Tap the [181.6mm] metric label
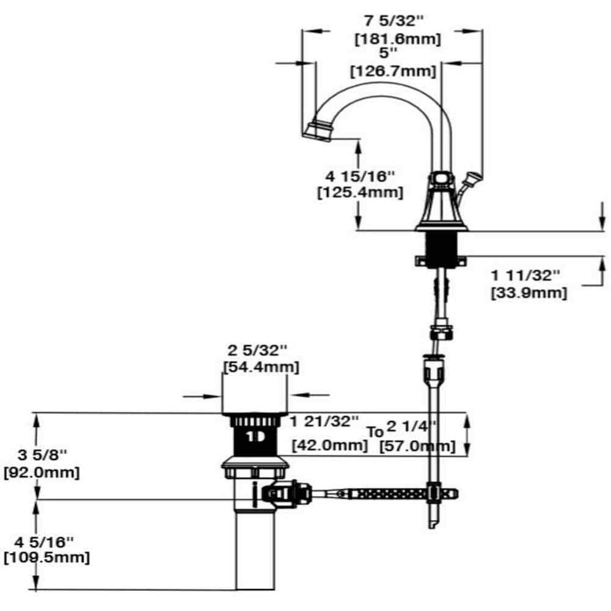click(398, 39)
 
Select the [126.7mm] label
click(393, 71)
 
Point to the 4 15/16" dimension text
click(360, 176)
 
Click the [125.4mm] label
click(360, 192)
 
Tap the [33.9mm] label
click(529, 293)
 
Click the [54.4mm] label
click(260, 367)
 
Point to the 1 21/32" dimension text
click(324, 421)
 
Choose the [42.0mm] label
click(330, 445)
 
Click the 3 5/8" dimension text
click(42, 455)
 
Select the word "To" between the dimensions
click(375, 431)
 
